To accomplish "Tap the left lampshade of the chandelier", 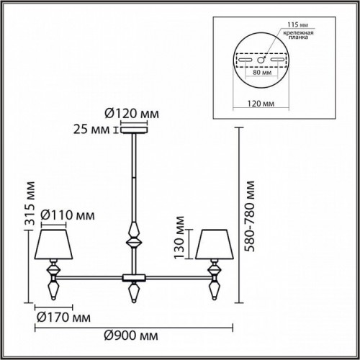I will pos(53,246).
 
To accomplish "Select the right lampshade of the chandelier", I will pos(213,246).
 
